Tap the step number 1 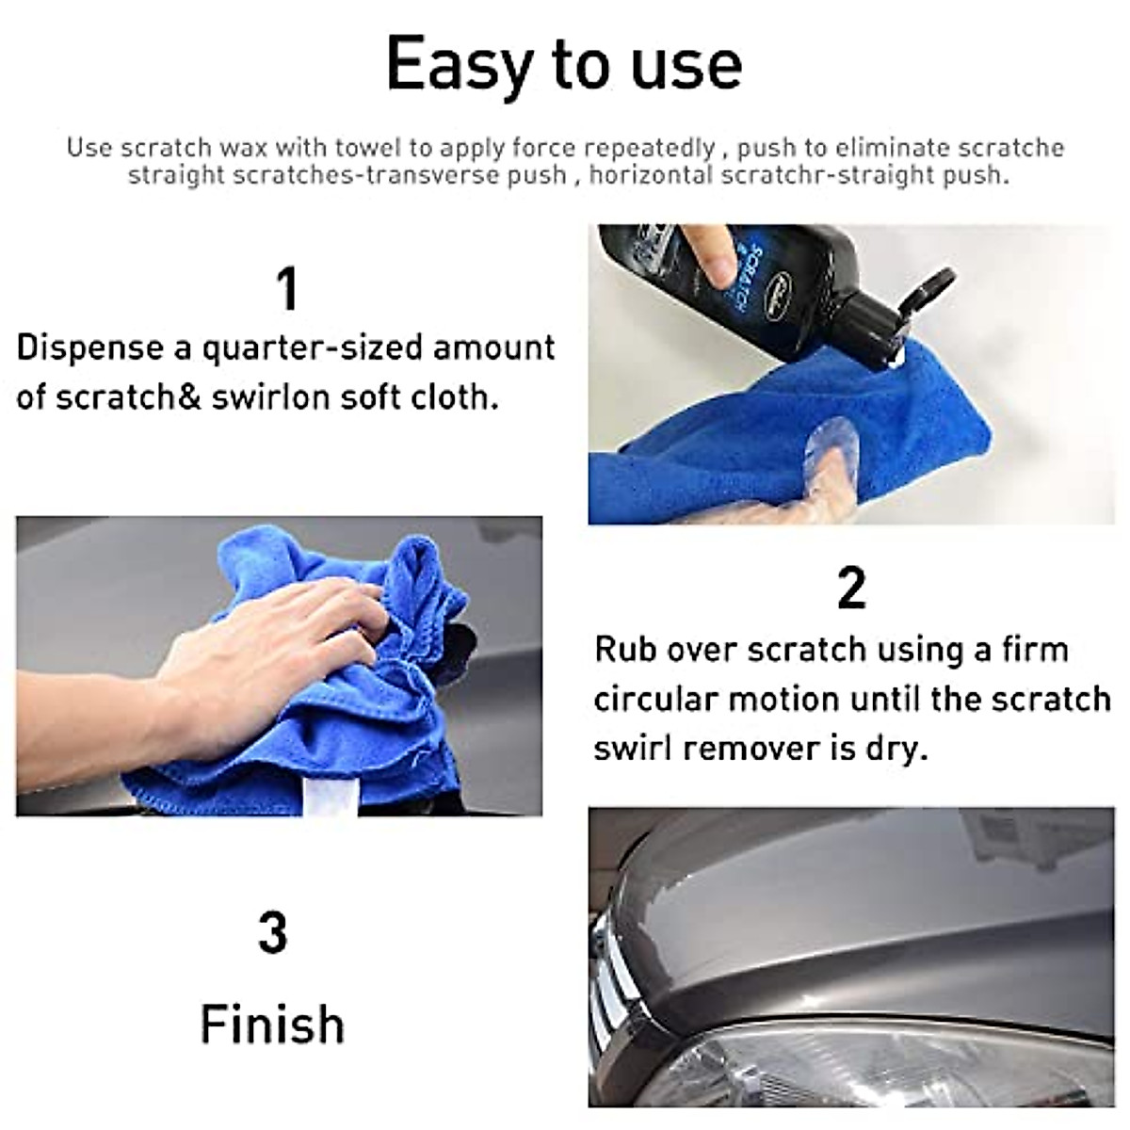coord(287,289)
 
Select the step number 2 coord(850,589)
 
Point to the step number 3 coord(272,933)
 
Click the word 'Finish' coord(272,1025)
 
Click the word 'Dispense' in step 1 coord(89,348)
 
